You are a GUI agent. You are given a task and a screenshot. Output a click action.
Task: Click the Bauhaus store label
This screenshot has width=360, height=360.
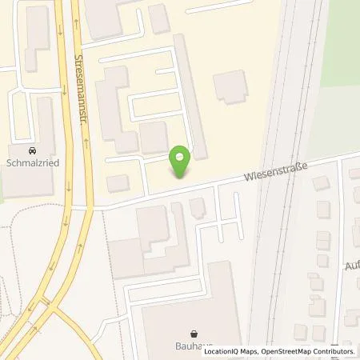(x=194, y=346)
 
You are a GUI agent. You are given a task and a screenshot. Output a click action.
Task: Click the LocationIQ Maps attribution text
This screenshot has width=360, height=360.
(x=232, y=351)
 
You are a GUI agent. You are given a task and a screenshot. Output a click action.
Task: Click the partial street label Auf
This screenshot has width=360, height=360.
(x=351, y=264)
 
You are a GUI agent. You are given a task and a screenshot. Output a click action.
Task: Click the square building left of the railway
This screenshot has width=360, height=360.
(x=230, y=86)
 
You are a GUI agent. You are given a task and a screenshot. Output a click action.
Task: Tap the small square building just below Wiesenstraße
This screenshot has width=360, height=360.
(x=197, y=207)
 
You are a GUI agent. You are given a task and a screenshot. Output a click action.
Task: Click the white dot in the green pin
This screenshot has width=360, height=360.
(x=182, y=156)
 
